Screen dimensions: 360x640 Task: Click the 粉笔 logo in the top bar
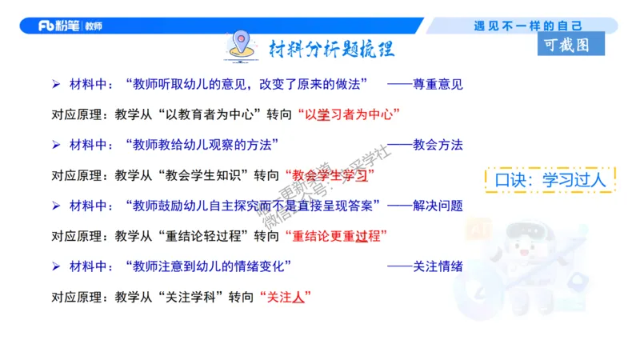[70, 26]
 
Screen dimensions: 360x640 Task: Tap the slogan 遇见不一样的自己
[528, 26]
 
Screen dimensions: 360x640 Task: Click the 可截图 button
[571, 45]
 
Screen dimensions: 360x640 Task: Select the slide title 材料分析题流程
[330, 50]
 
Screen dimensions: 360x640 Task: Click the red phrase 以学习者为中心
[348, 114]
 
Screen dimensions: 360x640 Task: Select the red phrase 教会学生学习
[330, 174]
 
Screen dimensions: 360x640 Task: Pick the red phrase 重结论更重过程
[336, 236]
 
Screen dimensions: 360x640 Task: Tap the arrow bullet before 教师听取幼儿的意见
[56, 82]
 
